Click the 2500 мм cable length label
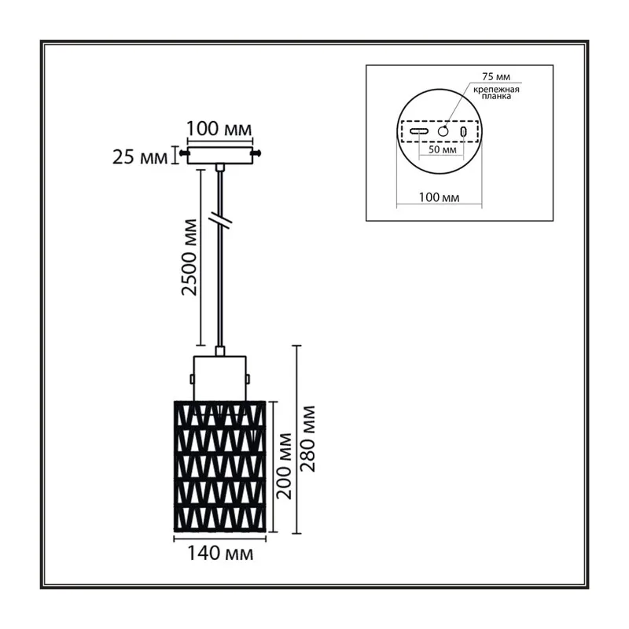point(189,257)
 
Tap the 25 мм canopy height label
point(139,156)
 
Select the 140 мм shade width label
point(220,554)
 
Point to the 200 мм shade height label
point(285,466)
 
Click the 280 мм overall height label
point(308,439)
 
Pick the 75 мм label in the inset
point(496,76)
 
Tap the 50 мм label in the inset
point(443,149)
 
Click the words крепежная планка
point(496,93)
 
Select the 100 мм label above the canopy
point(219,129)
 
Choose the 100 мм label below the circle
point(440,197)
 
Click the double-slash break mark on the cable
point(221,220)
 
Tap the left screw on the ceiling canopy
point(184,153)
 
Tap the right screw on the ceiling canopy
point(256,153)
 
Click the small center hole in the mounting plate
point(443,131)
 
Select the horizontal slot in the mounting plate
point(419,131)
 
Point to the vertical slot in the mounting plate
point(463,131)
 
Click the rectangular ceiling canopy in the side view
point(220,155)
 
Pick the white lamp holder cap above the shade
point(220,378)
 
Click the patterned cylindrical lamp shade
point(220,466)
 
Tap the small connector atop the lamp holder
point(220,351)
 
